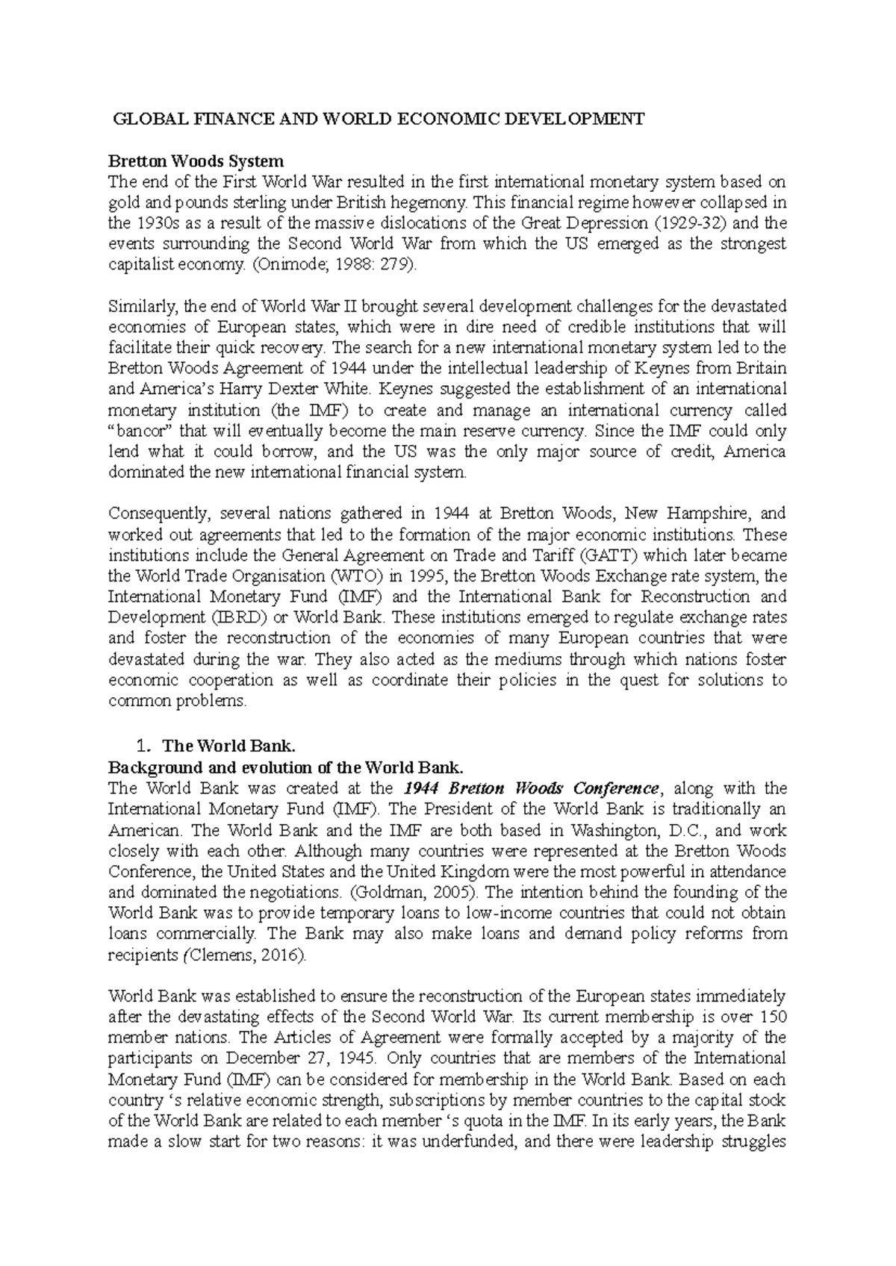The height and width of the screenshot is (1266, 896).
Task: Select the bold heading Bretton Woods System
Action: (196, 161)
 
